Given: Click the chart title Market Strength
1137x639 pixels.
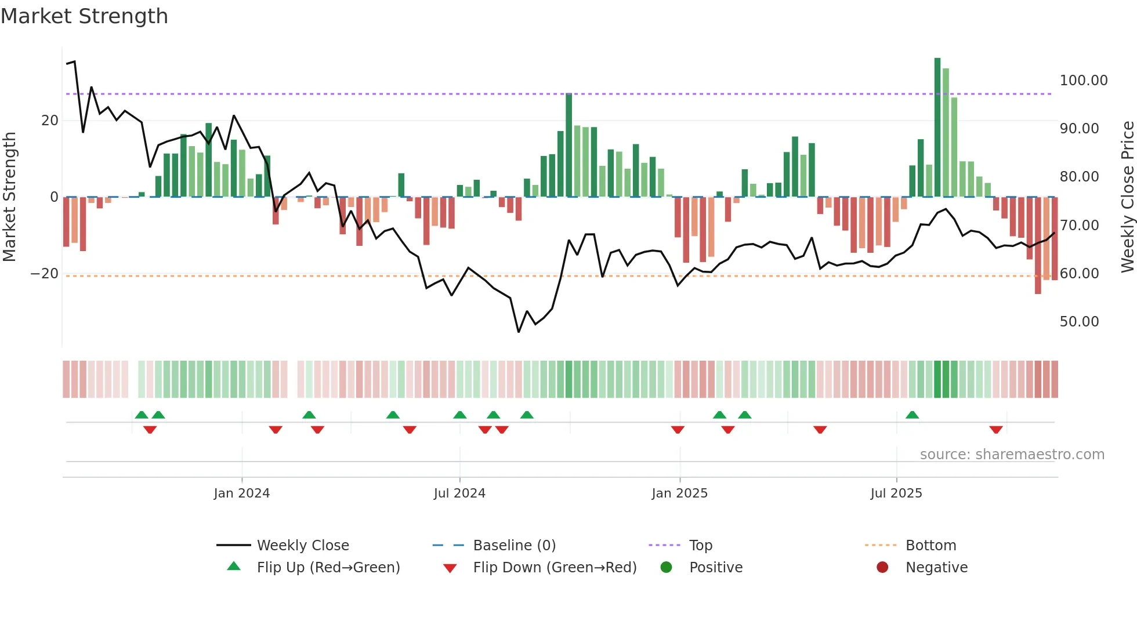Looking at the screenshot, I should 84,16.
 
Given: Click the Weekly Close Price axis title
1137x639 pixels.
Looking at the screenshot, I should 1127,197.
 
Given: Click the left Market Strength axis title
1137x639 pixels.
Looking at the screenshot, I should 9,197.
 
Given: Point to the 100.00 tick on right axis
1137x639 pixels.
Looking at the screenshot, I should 1083,81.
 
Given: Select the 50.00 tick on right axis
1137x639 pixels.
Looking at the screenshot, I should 1079,322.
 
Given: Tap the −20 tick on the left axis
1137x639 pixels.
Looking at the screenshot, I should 45,274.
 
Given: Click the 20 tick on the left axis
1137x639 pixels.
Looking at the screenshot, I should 50,121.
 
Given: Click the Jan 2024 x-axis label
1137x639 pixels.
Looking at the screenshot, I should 241,493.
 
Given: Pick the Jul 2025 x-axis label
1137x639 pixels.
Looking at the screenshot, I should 896,493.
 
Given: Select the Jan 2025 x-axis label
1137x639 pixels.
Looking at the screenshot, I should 679,493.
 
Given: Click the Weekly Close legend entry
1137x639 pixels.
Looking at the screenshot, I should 302,546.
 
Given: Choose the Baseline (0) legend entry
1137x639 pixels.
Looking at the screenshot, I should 514,546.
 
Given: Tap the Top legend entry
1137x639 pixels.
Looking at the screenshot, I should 700,546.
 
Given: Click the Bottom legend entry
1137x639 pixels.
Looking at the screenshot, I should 930,546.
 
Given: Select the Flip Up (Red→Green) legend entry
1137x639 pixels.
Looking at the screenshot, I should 328,568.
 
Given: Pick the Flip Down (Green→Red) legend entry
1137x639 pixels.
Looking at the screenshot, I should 554,568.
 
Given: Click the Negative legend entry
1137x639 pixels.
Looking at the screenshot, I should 936,568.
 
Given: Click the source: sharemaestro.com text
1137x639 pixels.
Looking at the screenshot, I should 1012,455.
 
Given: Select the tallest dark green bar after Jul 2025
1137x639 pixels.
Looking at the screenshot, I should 937,128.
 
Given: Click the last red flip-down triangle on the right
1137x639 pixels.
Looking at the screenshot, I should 996,430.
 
